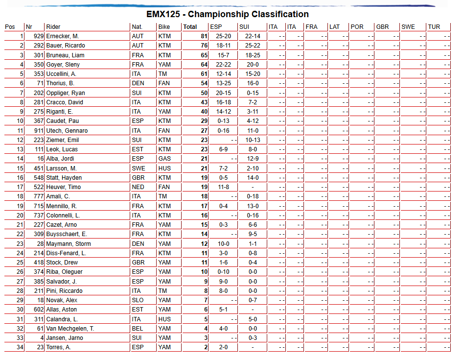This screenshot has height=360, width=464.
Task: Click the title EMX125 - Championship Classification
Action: coord(228,14)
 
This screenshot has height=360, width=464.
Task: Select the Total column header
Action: coord(190,27)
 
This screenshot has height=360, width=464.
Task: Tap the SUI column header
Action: coord(245,27)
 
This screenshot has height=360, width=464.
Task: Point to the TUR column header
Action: coord(434,27)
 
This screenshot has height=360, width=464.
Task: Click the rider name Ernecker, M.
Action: coord(63,36)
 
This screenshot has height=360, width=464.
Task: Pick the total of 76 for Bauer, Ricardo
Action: coord(204,46)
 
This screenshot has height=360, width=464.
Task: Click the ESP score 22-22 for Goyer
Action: coord(223,65)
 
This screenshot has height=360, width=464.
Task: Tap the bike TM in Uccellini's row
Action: coord(163,74)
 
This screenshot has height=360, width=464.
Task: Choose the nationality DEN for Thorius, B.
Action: coord(138,84)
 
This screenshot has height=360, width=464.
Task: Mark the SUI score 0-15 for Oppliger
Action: coord(253,93)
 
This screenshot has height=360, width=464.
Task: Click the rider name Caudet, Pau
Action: coord(63,121)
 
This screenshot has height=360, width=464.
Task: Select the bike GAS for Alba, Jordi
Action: coord(164,159)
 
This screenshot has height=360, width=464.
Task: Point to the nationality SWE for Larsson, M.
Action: coord(139,168)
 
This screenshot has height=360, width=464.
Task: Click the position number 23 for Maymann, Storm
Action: coord(20,244)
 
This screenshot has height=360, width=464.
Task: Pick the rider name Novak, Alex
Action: coord(62,300)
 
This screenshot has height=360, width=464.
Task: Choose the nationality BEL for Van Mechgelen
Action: coord(138,329)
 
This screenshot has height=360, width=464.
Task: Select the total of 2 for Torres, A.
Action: coord(206,347)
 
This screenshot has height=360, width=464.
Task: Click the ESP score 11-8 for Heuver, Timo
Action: coord(223,187)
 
